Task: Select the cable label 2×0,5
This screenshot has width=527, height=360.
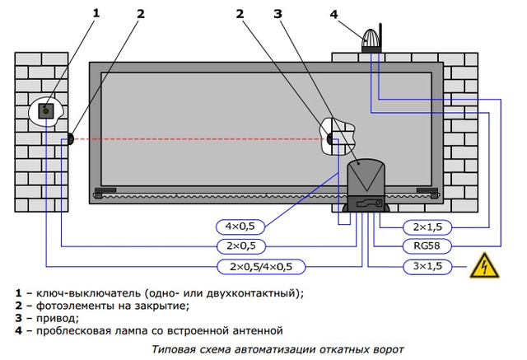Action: click(240, 245)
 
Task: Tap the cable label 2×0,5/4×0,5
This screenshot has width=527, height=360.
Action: click(260, 266)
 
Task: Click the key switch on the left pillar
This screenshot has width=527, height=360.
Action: click(49, 108)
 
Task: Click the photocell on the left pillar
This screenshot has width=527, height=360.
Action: click(71, 139)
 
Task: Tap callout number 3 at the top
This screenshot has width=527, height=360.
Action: click(278, 12)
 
